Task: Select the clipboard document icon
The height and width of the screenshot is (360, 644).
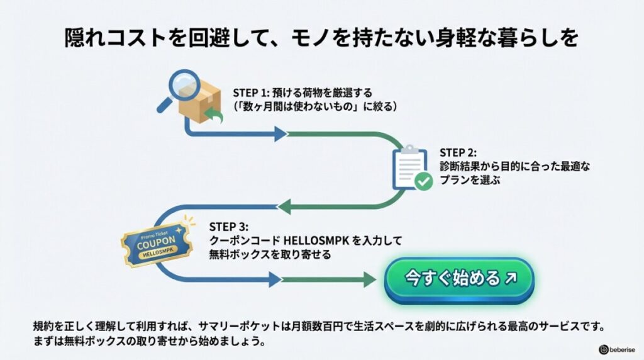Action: click(409, 167)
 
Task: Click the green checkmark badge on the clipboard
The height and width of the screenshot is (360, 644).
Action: click(423, 182)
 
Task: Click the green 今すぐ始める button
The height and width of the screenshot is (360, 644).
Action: click(459, 279)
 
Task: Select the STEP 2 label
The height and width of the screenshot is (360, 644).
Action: click(458, 152)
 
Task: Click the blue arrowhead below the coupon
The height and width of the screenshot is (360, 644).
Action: click(274, 279)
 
